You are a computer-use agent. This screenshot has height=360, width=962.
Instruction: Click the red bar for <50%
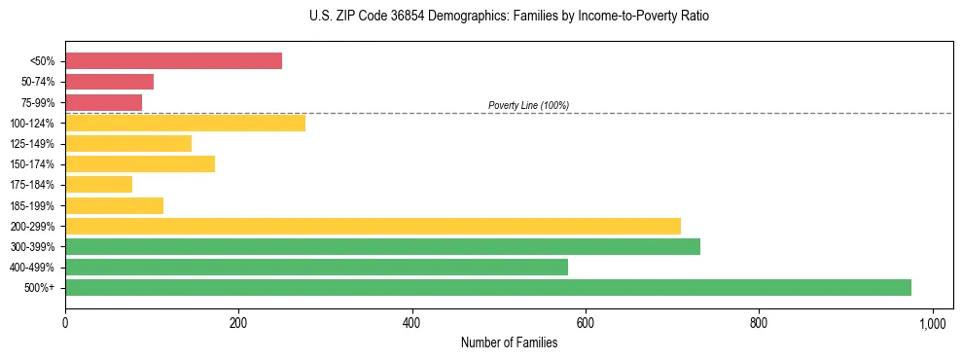[x=173, y=60]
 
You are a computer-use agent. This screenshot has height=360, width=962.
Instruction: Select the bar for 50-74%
[x=109, y=82]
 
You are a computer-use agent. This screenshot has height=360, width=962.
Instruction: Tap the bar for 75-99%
[x=103, y=102]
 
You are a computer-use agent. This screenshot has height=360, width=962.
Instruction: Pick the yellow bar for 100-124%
[x=185, y=123]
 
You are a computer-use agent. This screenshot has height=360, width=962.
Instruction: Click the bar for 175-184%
[x=98, y=184]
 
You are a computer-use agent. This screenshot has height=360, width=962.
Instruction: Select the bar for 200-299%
[x=373, y=226]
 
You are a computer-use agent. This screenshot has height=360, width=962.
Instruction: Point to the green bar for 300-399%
[x=382, y=246]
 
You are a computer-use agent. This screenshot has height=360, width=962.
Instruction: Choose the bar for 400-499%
[x=316, y=267]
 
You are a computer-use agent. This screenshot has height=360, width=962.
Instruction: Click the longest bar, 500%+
[x=487, y=287]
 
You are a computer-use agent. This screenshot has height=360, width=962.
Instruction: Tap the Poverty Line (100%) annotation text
[x=528, y=105]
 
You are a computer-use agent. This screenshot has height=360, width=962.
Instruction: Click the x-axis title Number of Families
[x=509, y=342]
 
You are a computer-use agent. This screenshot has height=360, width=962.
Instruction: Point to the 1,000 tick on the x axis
[x=933, y=322]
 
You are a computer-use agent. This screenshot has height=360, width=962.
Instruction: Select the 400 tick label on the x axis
[x=412, y=322]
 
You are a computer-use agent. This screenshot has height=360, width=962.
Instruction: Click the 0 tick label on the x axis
[x=65, y=322]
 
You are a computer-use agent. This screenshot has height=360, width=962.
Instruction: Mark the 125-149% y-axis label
[x=33, y=144]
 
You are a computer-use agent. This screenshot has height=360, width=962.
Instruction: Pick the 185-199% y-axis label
[x=33, y=205]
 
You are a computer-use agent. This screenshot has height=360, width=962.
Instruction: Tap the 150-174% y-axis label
[x=33, y=164]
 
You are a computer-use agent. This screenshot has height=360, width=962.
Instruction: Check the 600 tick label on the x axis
[x=586, y=322]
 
